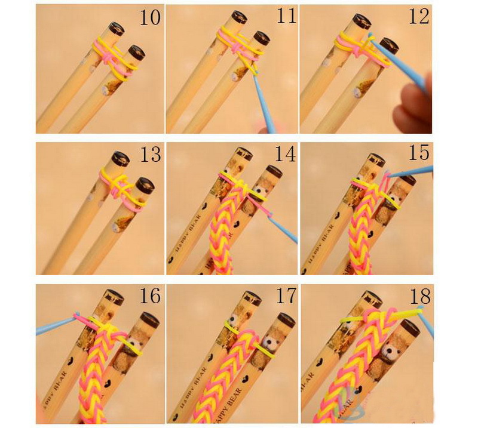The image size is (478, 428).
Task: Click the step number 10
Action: pyautogui.click(x=150, y=17)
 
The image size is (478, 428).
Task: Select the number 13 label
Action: pyautogui.click(x=151, y=155)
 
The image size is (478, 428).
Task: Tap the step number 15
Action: pyautogui.click(x=418, y=153)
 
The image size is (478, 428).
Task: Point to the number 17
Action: pyautogui.click(x=283, y=295)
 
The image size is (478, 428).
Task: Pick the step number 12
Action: pyautogui.click(x=418, y=16)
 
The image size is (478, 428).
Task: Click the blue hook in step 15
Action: pyautogui.click(x=412, y=173)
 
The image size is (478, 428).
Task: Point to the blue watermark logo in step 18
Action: pyautogui.click(x=347, y=407)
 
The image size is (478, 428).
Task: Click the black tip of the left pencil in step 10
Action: pyautogui.click(x=115, y=27)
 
